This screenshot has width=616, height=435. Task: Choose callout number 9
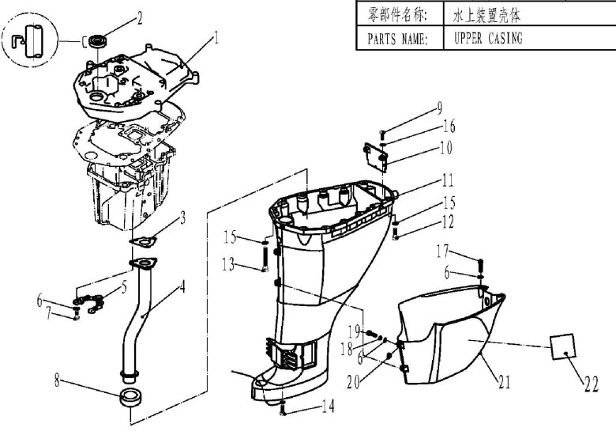(440, 108)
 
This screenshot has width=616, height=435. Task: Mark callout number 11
(447, 179)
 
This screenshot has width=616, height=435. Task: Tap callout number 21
(504, 382)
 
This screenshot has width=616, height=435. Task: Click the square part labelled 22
(562, 346)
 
